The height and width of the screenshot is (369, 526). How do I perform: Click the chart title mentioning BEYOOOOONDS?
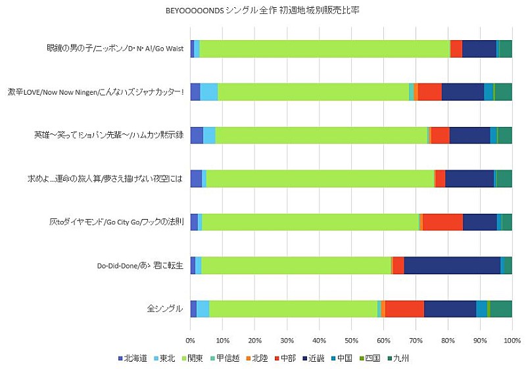263,11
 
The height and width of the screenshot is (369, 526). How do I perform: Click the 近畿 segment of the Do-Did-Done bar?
452,265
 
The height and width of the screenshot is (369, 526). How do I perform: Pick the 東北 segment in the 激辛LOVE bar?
208,92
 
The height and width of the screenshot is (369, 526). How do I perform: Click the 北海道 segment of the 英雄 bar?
196,135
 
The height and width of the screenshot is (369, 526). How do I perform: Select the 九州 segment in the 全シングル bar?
501,308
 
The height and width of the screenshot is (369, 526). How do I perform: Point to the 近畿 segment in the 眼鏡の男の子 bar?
479,49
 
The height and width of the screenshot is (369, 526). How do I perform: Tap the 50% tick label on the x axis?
351,341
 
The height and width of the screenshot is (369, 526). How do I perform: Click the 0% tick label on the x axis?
191,341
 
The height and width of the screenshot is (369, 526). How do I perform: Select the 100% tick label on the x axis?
512,341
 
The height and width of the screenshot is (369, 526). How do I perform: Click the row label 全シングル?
164,308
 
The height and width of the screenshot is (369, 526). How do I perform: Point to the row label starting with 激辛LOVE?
95,92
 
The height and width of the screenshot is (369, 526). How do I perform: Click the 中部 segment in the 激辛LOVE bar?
430,92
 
